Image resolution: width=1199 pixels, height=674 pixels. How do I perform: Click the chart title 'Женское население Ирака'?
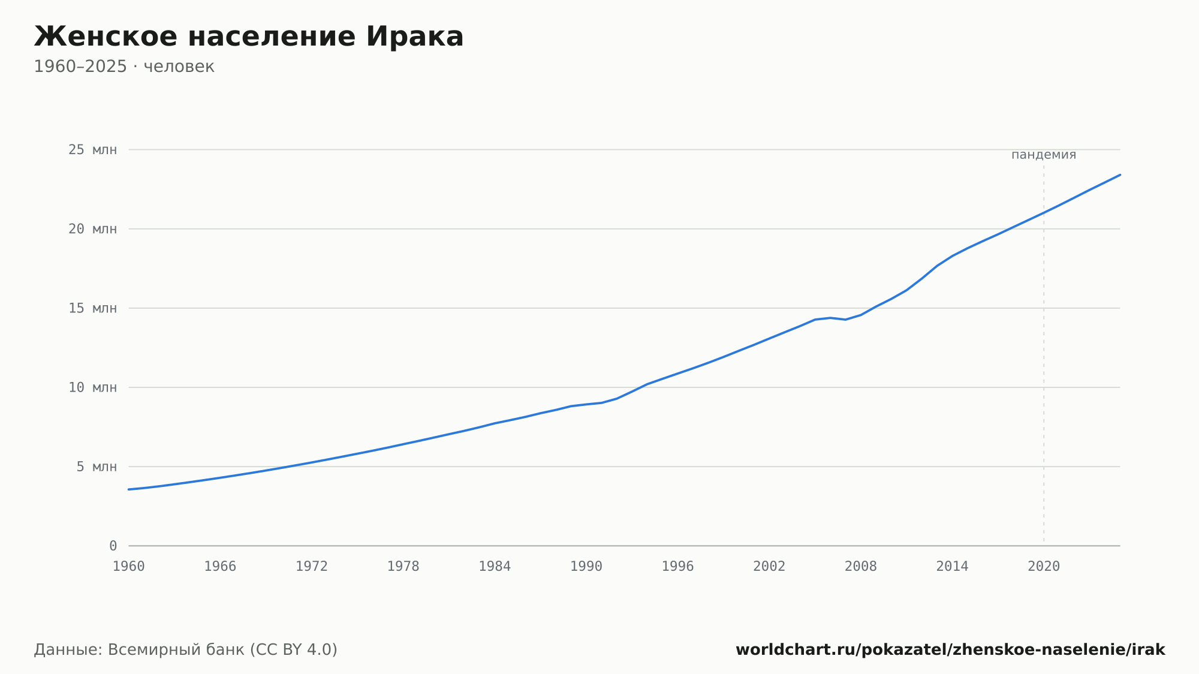point(249,37)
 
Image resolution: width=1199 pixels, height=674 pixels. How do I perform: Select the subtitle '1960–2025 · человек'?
point(124,67)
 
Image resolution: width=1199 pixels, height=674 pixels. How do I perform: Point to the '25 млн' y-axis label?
point(92,150)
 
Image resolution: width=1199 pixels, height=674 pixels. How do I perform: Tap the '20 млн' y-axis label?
point(92,229)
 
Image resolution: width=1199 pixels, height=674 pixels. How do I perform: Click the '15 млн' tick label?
point(92,308)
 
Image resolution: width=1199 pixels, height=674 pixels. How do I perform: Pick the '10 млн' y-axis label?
point(92,387)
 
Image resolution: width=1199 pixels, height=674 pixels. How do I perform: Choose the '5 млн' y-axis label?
point(97,467)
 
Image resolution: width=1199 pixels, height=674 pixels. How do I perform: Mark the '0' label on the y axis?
point(113,546)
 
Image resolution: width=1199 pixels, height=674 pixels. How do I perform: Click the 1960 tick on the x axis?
point(129,567)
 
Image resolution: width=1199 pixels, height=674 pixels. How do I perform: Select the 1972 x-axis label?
point(312,567)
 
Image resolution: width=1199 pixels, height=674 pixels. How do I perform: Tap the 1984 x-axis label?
point(495,567)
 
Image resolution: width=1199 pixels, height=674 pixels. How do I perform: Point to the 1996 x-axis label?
point(677,567)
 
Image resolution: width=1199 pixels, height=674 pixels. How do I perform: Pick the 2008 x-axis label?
point(861,567)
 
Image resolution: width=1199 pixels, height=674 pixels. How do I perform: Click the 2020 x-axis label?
point(1044,567)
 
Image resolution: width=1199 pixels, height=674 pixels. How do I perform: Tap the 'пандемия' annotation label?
point(1044,155)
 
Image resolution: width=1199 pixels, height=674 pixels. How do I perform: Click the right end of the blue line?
point(1120,174)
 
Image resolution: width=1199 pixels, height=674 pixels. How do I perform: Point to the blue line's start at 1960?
point(129,489)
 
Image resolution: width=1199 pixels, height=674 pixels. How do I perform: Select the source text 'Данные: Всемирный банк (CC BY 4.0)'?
point(186,650)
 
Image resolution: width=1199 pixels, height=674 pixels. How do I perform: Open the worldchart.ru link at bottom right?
point(950,650)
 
